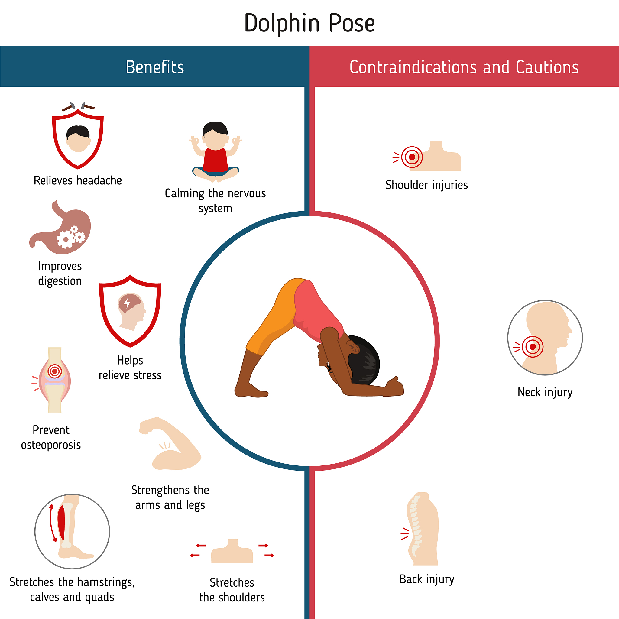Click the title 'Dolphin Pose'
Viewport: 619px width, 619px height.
pyautogui.click(x=309, y=23)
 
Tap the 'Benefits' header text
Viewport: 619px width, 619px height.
pyautogui.click(x=155, y=67)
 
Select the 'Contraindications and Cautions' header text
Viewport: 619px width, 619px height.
pyautogui.click(x=464, y=67)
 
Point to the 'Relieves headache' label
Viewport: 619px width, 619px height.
pyautogui.click(x=78, y=181)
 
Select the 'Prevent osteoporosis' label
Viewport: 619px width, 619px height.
pyautogui.click(x=51, y=437)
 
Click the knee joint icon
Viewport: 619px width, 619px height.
pyautogui.click(x=55, y=380)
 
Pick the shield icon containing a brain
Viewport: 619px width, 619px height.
pyautogui.click(x=130, y=311)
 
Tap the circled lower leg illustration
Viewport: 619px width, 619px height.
pyautogui.click(x=72, y=532)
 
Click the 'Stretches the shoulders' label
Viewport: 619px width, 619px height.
pyautogui.click(x=232, y=590)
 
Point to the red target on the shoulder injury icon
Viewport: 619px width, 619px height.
pyautogui.click(x=412, y=157)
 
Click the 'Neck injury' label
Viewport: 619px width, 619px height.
pyautogui.click(x=545, y=392)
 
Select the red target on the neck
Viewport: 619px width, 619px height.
pyautogui.click(x=533, y=347)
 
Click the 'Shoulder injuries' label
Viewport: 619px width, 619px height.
pyautogui.click(x=426, y=185)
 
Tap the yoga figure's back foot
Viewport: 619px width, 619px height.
pyautogui.click(x=251, y=391)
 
